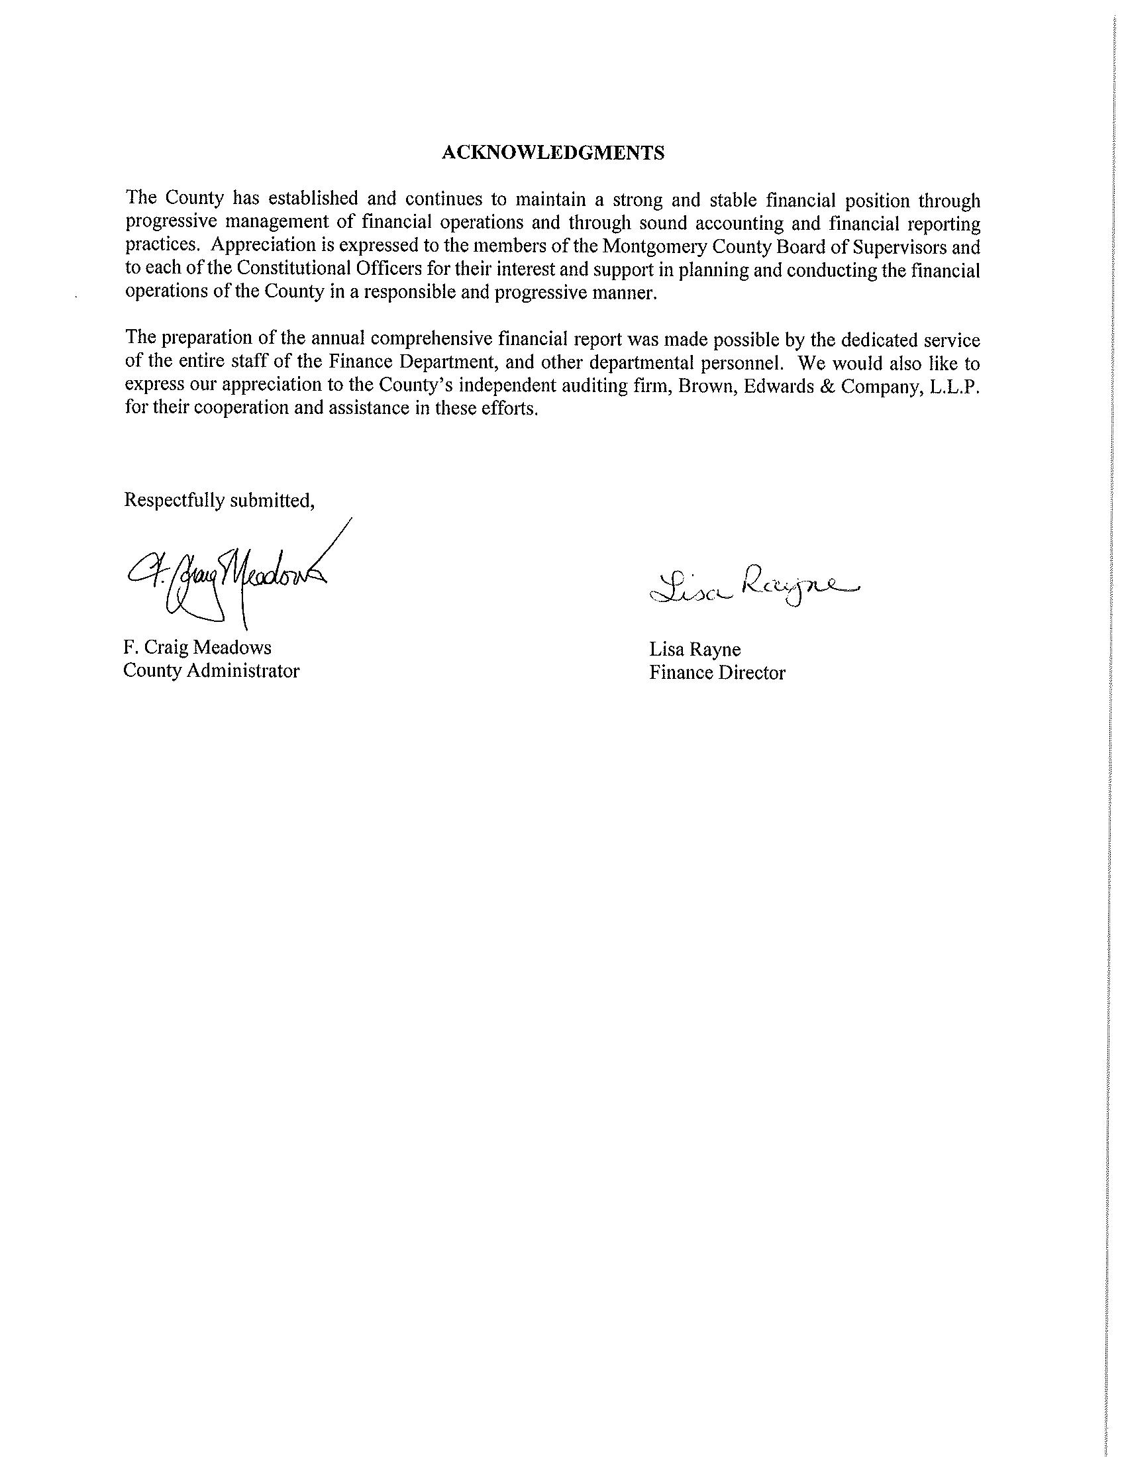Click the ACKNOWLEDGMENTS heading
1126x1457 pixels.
tap(553, 153)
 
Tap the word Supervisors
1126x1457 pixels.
tap(903, 247)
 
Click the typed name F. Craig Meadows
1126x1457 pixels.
tap(197, 647)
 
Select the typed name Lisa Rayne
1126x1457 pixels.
tap(695, 649)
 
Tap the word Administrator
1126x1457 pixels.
tap(243, 670)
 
